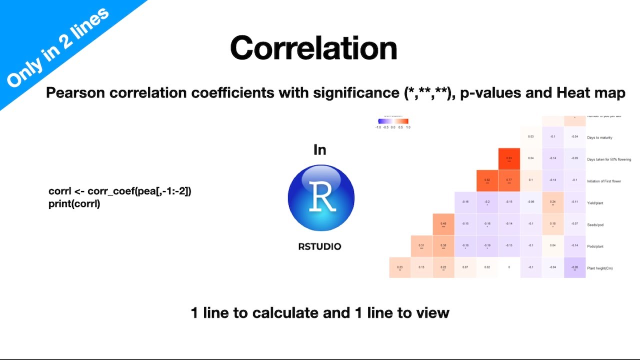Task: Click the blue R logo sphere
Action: click(321, 197)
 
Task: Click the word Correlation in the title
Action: click(313, 48)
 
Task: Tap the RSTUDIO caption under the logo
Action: click(319, 246)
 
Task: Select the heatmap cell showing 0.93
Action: click(509, 159)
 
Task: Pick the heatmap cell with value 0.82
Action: click(487, 180)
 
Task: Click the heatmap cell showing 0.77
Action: click(509, 180)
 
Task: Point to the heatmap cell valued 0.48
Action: click(443, 224)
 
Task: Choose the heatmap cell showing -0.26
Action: click(574, 268)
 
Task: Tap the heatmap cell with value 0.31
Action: click(421, 246)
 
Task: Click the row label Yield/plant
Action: click(597, 202)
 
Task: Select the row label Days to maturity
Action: click(599, 137)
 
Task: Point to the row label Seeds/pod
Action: click(595, 224)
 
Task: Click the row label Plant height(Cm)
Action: click(600, 268)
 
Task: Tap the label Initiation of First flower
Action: click(604, 181)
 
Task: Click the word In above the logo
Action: click(319, 149)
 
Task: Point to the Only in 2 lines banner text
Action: click(57, 47)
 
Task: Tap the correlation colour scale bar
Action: click(393, 121)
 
